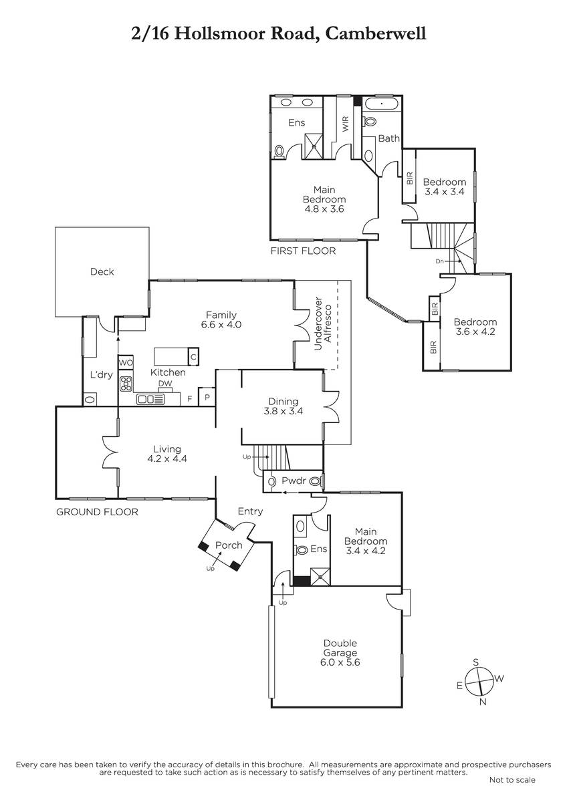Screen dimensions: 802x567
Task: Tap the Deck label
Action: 102,272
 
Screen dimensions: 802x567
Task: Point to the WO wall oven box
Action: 126,362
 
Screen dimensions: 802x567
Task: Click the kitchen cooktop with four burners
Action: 126,384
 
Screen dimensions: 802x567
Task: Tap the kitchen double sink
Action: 150,400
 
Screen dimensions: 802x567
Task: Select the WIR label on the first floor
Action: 346,124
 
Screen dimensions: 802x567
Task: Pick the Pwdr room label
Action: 293,481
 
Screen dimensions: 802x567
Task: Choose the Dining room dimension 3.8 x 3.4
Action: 283,412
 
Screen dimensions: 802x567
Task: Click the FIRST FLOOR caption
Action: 303,251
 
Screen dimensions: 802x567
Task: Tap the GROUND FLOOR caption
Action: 97,513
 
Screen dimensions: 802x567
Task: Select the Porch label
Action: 228,545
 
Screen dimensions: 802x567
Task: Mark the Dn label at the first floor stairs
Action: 439,261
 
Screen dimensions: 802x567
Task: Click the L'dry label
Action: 101,375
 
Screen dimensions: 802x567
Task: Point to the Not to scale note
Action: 512,780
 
